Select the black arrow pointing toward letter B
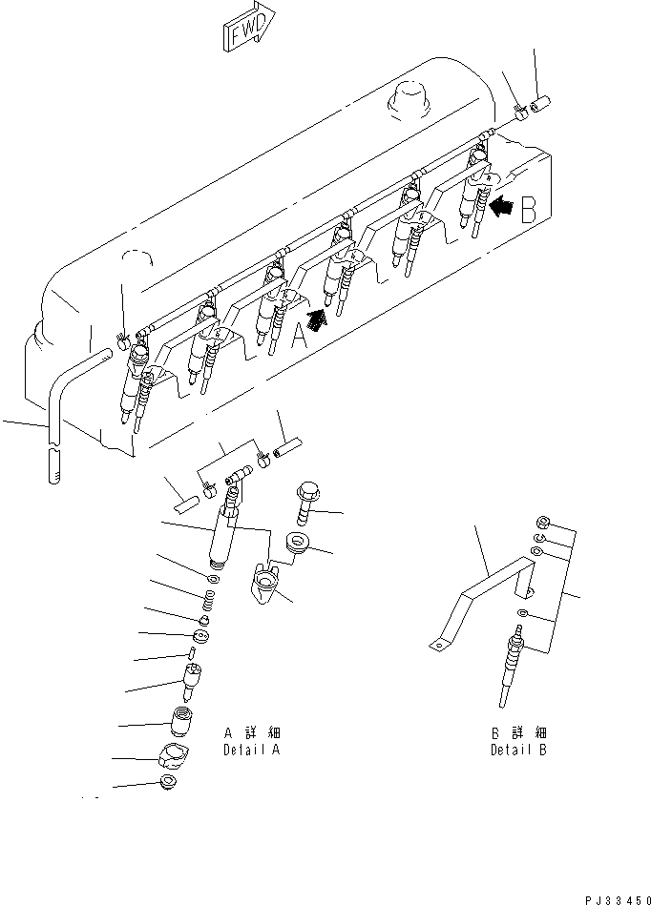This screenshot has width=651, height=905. click(499, 202)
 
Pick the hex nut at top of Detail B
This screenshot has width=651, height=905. click(539, 522)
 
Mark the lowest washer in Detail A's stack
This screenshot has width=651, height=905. click(170, 784)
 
